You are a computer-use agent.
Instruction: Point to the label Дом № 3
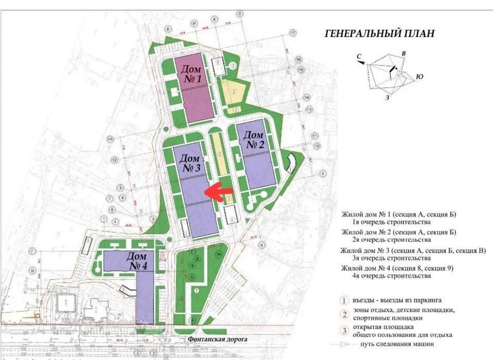point(190,163)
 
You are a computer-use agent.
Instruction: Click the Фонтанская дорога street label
point(217,339)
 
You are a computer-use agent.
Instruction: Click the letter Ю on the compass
point(420,76)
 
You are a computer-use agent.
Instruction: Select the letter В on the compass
point(404,53)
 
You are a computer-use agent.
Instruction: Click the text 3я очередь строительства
point(390,258)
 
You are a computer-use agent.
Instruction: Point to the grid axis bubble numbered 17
point(293,33)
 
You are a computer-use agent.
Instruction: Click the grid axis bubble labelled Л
point(240,13)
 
